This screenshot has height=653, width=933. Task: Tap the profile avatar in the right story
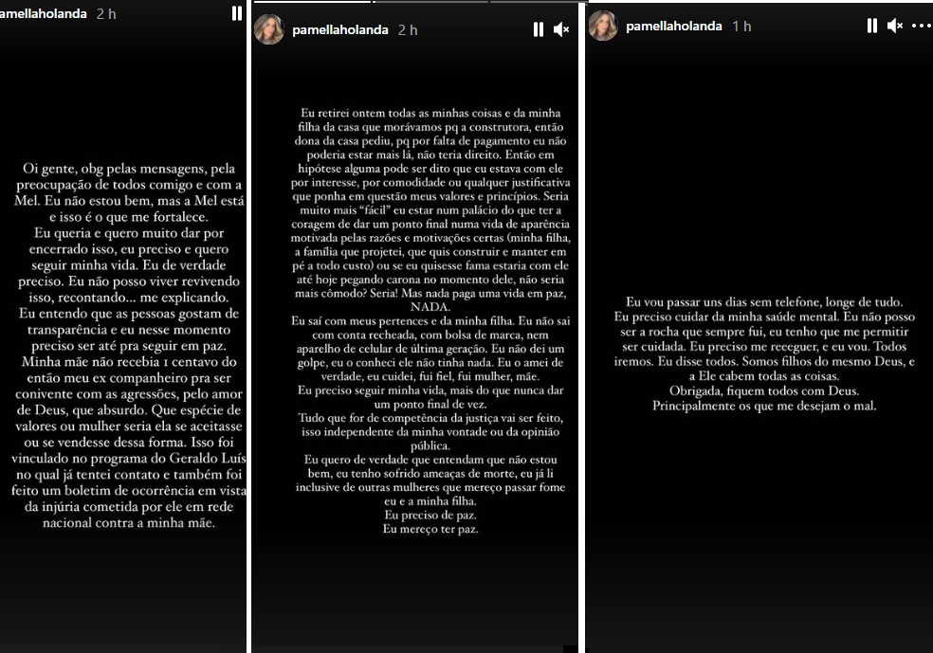(x=603, y=26)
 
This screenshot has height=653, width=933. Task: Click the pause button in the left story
(x=236, y=13)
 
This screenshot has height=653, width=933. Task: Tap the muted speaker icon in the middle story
(x=561, y=29)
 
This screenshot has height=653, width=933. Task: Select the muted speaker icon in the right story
(x=895, y=26)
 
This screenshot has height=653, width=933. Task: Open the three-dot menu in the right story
(x=922, y=26)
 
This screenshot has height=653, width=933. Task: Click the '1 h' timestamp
(x=741, y=27)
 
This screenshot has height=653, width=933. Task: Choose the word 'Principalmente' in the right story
(x=700, y=406)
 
